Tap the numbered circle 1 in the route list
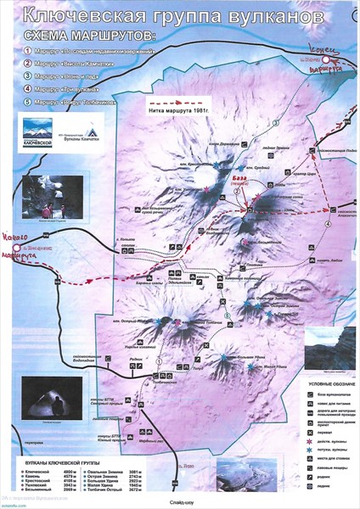(x=29, y=52)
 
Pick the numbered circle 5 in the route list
(x=29, y=101)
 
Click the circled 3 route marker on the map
(x=275, y=125)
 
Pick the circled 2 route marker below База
(x=239, y=193)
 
